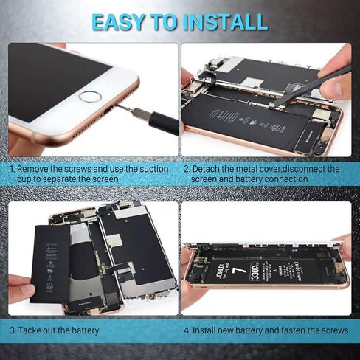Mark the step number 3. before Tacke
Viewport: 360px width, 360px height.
click(x=13, y=330)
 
